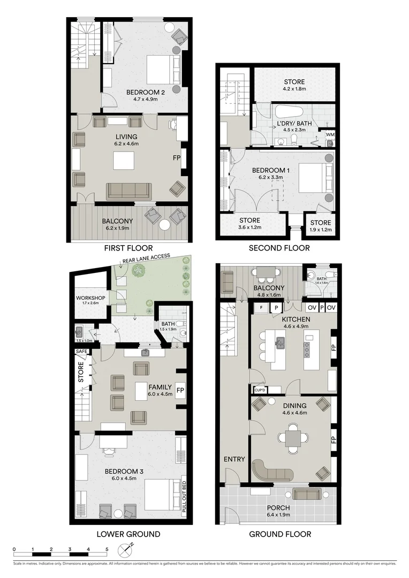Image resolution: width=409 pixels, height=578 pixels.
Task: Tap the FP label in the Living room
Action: pos(176,158)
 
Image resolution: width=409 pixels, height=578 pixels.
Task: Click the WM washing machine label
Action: pos(330,135)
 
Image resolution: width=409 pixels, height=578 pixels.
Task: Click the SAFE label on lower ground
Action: pos(81,351)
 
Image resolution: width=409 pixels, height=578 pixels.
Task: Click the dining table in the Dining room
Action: pos(293,438)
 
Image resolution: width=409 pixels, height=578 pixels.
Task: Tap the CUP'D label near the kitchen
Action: pos(261,390)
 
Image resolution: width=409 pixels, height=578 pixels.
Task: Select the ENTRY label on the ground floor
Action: pos(234,459)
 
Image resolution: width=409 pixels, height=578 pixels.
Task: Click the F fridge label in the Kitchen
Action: pos(260,308)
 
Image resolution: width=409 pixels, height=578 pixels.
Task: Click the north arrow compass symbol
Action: pos(128,549)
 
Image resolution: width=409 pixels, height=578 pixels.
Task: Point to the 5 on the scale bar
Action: pos(107,550)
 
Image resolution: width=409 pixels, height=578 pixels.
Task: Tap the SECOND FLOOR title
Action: pos(279,248)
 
